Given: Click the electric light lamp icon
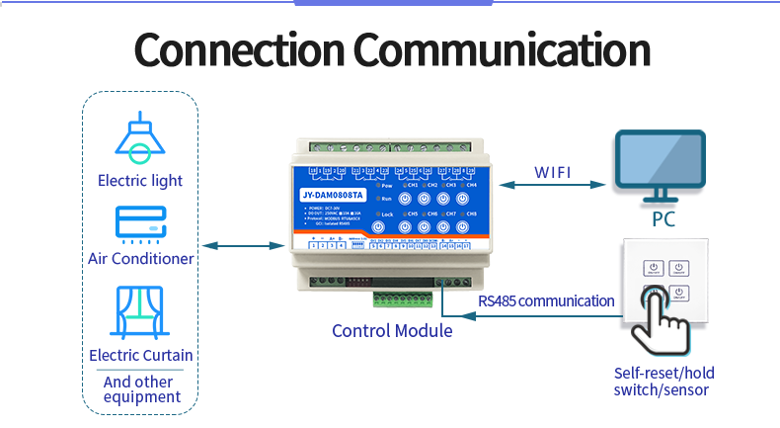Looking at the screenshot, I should click(140, 138).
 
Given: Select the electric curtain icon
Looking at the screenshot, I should click(140, 311).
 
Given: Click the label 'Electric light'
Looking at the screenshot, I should click(140, 180).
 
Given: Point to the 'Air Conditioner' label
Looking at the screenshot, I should click(140, 259).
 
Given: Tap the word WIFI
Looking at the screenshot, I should click(553, 172).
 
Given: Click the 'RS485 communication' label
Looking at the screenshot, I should click(546, 300).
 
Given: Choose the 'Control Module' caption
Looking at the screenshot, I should click(392, 331).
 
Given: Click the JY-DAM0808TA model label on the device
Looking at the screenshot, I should click(332, 195).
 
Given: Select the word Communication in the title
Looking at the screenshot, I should click(502, 49).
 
